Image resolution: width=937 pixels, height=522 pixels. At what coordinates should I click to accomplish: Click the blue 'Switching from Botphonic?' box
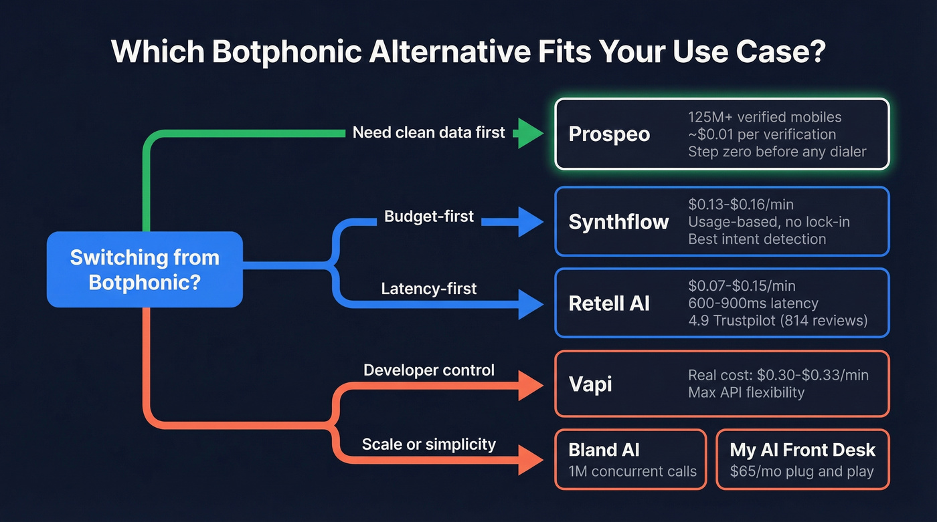145,269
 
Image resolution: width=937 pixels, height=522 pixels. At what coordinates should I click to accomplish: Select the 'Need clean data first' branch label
428,132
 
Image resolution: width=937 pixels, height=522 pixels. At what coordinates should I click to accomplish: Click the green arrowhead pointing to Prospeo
530,134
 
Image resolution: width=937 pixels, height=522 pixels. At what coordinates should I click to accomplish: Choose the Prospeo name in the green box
609,134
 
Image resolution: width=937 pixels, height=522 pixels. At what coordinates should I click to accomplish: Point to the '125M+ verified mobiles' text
764,117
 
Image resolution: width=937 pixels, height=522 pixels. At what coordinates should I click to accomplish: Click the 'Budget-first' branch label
429,217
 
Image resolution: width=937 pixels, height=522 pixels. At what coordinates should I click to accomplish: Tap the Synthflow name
618,222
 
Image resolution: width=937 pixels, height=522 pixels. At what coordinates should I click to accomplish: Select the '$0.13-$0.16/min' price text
742,205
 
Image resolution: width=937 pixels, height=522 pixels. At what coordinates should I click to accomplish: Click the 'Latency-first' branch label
429,289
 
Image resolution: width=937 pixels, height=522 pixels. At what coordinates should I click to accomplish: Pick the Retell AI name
609,303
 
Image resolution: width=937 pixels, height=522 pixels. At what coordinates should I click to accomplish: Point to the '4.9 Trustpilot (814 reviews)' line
778,321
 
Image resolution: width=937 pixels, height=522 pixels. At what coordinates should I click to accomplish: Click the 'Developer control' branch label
429,370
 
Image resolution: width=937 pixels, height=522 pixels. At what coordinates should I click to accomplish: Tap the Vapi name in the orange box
590,384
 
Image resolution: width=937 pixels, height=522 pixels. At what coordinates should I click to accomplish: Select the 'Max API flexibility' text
746,392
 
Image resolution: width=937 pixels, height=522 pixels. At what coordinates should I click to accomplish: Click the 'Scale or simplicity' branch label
429,444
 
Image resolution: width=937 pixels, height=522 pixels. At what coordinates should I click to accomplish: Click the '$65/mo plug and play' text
802,471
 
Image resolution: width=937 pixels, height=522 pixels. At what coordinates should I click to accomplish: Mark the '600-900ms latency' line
753,303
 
